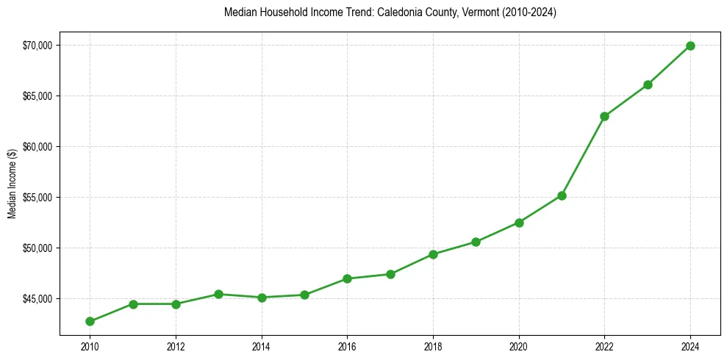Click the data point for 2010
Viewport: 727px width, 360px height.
tap(90, 321)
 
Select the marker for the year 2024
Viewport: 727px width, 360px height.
tap(690, 46)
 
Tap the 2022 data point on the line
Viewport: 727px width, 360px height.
tap(604, 116)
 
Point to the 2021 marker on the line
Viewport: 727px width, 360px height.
tap(562, 195)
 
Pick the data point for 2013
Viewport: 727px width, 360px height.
tap(218, 294)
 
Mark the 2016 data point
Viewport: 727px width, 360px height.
tap(347, 278)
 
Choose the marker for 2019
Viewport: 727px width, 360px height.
tap(476, 242)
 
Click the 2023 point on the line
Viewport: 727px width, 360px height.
tap(648, 84)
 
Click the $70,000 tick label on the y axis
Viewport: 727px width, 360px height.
tap(37, 46)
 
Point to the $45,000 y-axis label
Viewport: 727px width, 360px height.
tap(37, 299)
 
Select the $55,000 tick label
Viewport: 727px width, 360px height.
tap(37, 198)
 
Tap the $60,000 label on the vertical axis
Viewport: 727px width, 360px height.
tap(37, 147)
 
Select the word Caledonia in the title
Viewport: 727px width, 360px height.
tap(401, 12)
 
